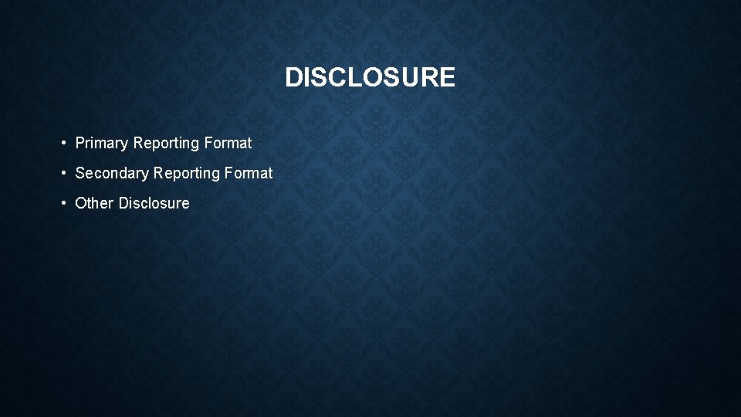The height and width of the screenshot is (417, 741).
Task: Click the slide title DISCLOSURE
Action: [x=370, y=77]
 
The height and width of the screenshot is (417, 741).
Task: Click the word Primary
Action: [x=102, y=144]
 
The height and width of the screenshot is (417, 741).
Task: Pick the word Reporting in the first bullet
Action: [x=166, y=144]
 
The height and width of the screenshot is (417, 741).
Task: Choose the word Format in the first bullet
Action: [x=228, y=143]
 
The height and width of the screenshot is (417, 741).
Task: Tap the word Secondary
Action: [x=113, y=174]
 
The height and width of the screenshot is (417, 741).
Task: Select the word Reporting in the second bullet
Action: [x=187, y=174]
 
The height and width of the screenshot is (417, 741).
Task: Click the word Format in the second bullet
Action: [x=249, y=173]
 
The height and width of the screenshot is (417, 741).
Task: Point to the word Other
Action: [x=94, y=203]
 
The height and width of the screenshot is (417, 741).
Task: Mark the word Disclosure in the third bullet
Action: [x=154, y=203]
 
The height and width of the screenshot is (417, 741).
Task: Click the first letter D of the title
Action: [x=293, y=77]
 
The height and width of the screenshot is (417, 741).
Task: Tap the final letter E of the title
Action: [x=448, y=77]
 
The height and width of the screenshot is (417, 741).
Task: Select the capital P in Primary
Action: [x=80, y=143]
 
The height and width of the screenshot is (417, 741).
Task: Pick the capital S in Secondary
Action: [x=80, y=173]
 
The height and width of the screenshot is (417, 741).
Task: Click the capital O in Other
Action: [x=81, y=203]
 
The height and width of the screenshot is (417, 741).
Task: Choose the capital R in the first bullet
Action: [x=139, y=143]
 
